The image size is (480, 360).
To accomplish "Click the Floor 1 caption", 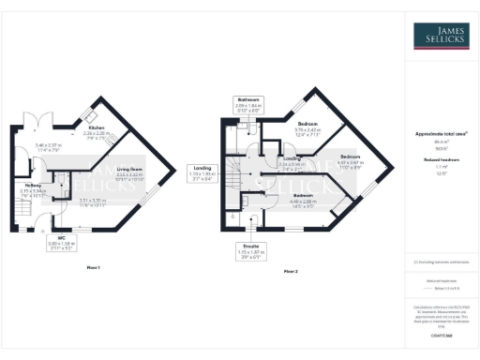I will click(x=93, y=269).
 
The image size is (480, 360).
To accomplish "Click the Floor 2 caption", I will click(x=290, y=272).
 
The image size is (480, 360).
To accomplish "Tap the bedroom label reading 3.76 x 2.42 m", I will click(x=307, y=127).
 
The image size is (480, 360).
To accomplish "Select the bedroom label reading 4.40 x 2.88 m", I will click(x=304, y=200).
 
